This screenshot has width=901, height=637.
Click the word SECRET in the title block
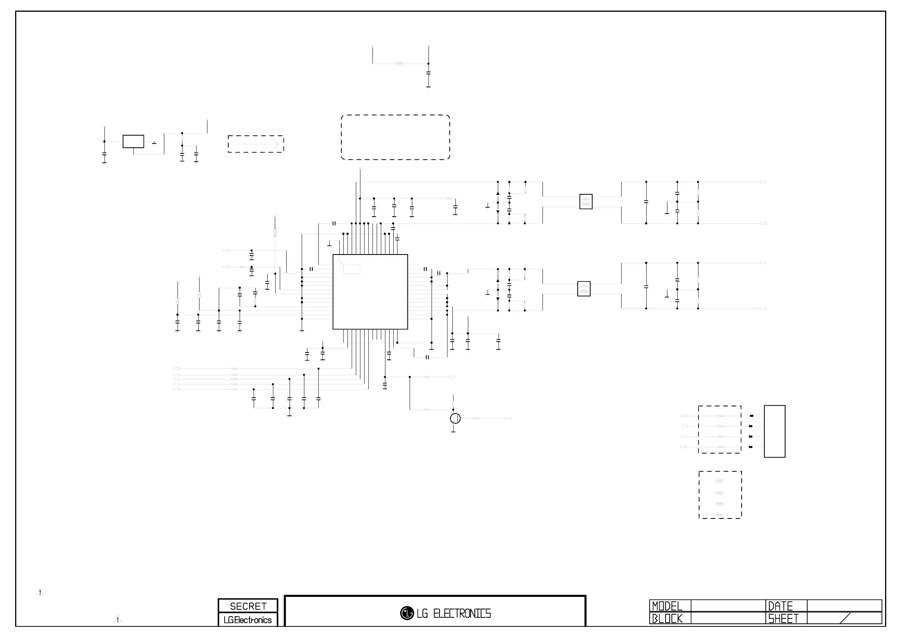pos(248,606)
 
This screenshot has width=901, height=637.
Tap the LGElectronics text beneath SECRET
pos(248,620)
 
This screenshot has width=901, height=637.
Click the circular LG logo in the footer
pos(407,613)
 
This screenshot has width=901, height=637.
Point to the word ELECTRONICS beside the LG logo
pos(462,614)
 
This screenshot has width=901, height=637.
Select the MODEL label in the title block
pos(667,606)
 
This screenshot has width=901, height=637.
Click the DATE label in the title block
pos(780,606)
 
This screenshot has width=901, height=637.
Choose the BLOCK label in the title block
pos(667,618)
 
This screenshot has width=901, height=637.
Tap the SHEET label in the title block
pos(783,618)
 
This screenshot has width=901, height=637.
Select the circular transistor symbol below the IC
pos(455,418)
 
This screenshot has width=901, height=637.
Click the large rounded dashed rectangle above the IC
pos(395,137)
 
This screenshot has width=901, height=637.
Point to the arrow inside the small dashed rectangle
pos(258,144)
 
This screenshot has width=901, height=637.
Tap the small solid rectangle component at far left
pos(133,141)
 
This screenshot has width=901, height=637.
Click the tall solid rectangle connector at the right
pos(774,431)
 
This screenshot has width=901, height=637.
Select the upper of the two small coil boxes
pos(586,202)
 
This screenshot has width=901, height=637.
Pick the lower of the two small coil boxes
pos(583,289)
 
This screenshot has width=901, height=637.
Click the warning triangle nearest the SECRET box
pos(118,619)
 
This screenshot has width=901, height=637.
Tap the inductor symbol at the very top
pos(399,64)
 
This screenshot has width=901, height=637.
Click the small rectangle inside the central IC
pos(352,269)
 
